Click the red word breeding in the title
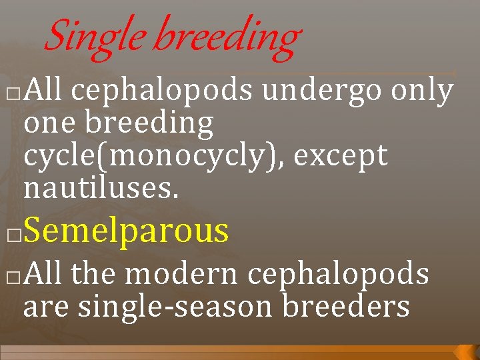[227, 36]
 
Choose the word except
[341, 156]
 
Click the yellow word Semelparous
[126, 231]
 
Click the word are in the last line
[46, 306]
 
